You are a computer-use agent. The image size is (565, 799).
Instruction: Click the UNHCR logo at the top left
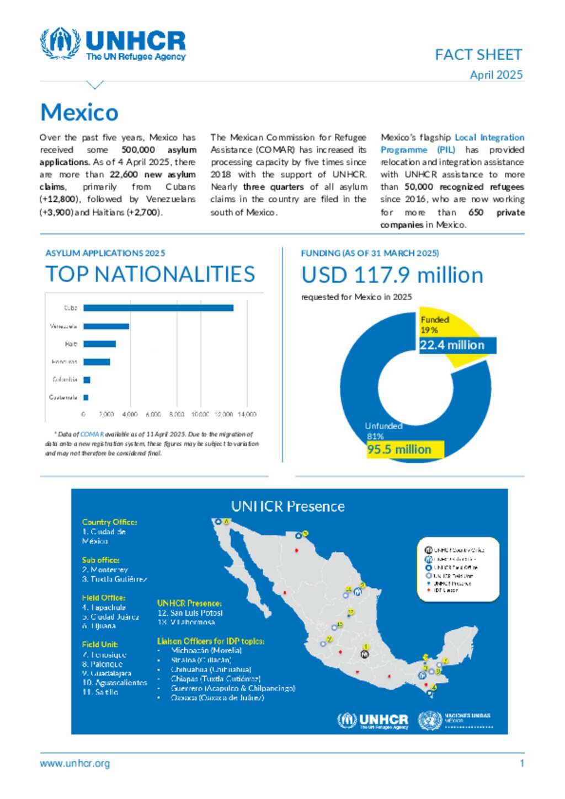tap(113, 44)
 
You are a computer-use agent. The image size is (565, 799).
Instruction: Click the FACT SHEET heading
tap(478, 55)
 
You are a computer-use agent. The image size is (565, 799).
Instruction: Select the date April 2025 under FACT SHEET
tap(496, 75)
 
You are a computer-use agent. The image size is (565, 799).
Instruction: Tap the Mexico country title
tap(79, 112)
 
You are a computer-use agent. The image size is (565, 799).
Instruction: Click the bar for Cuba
tap(158, 308)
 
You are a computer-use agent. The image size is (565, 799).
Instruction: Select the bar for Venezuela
tap(106, 326)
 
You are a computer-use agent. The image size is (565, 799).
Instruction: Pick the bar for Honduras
tap(97, 362)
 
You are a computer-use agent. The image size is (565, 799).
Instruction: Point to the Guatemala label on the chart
tap(63, 398)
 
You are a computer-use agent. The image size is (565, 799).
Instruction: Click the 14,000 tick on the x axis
tap(247, 414)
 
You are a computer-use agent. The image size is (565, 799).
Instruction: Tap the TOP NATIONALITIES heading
tap(150, 274)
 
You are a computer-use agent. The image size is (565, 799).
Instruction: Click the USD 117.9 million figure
tap(392, 275)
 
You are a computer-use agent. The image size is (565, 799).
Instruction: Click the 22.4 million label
tap(452, 345)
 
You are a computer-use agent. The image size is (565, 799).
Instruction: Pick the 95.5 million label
tap(399, 449)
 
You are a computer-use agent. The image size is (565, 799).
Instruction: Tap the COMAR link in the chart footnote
tap(92, 435)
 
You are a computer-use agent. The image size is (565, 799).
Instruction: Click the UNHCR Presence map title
tap(288, 506)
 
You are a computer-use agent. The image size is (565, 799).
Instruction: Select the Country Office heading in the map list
tap(109, 522)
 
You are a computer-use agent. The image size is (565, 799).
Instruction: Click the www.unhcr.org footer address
tap(74, 764)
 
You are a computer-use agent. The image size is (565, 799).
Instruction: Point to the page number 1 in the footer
tap(521, 764)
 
